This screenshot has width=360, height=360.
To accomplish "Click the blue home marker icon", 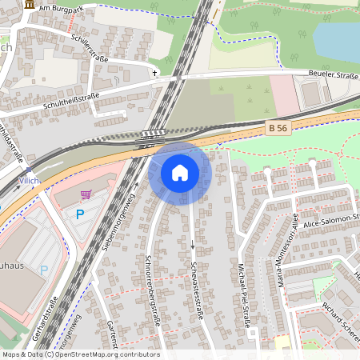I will click(179, 173).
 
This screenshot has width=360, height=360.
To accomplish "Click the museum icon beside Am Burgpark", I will click(30, 6).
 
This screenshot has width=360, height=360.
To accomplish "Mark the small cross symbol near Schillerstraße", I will click(155, 73).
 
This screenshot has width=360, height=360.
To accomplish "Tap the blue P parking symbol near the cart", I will click(79, 214).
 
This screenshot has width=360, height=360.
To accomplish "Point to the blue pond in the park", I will click(336, 40).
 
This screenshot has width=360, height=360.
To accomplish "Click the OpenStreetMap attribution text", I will click(80, 354).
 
